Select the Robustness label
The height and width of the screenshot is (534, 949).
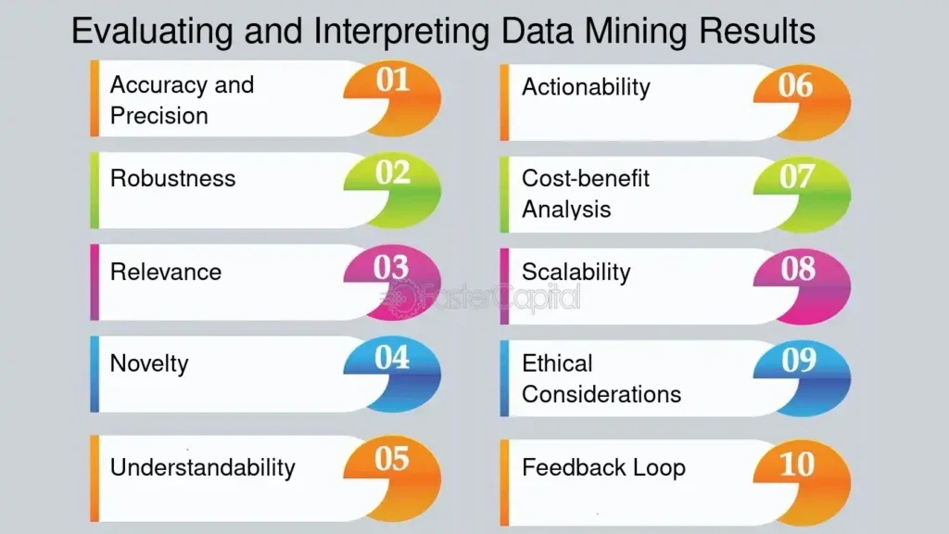pos(172,179)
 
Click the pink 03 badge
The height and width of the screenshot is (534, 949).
pos(393,282)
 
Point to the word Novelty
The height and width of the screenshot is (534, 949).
pos(149,363)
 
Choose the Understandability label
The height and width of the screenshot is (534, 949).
pos(202,468)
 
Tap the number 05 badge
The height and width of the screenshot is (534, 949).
pos(393,477)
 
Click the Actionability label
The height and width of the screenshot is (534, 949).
pos(586,88)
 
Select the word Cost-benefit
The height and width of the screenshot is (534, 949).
pos(586,179)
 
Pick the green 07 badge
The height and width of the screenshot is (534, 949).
pos(803,195)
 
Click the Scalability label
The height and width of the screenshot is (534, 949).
pos(576,273)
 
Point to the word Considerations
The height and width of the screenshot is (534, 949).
pos(601,395)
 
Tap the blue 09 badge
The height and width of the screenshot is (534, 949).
pos(803,378)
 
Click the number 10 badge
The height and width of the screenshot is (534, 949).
pos(803,482)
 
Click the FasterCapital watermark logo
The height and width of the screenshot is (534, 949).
pos(480,299)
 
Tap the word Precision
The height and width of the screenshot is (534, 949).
pos(159,116)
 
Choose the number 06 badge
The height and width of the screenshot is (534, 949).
pos(803,102)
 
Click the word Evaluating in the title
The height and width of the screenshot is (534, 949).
pos(152,32)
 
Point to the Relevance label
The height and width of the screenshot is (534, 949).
pos(165,273)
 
